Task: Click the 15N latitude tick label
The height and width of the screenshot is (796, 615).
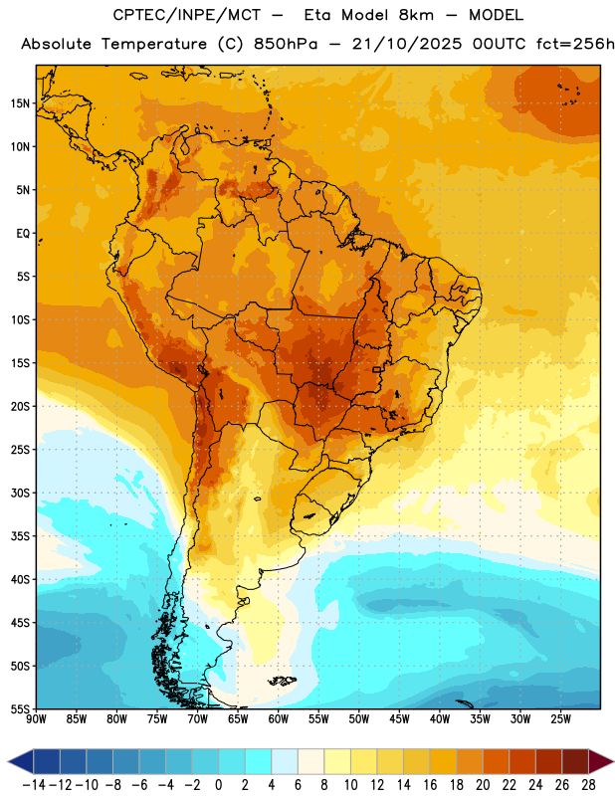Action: tap(20, 103)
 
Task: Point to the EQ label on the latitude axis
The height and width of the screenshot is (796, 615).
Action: tap(23, 234)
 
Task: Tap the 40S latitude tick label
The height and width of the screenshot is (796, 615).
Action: tap(20, 580)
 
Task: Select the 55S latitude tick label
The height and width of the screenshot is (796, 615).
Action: tap(20, 709)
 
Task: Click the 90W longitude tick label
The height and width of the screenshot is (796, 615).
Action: tap(37, 719)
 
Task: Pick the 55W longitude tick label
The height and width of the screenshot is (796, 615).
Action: tap(318, 719)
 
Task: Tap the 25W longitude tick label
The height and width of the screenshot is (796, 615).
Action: tap(560, 719)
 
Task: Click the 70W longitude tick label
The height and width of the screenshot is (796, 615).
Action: tap(198, 719)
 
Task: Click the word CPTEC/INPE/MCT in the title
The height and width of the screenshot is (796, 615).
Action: tap(187, 15)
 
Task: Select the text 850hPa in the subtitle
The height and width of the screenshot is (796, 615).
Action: tap(286, 44)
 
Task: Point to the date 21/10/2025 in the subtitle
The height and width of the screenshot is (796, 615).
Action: tap(407, 44)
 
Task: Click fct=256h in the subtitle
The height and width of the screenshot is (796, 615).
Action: tap(575, 44)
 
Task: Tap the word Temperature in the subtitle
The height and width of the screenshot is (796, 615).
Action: tap(154, 45)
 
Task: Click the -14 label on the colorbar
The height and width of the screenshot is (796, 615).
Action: tap(34, 785)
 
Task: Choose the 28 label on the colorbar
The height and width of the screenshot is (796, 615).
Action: tap(588, 785)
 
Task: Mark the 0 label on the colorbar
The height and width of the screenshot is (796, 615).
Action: tap(218, 785)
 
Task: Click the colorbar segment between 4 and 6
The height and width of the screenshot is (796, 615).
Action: tap(285, 761)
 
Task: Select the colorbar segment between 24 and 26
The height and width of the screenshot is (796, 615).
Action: tap(548, 761)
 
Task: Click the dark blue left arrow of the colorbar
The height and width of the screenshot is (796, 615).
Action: tap(21, 761)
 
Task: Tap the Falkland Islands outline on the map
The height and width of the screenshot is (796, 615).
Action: tap(283, 681)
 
